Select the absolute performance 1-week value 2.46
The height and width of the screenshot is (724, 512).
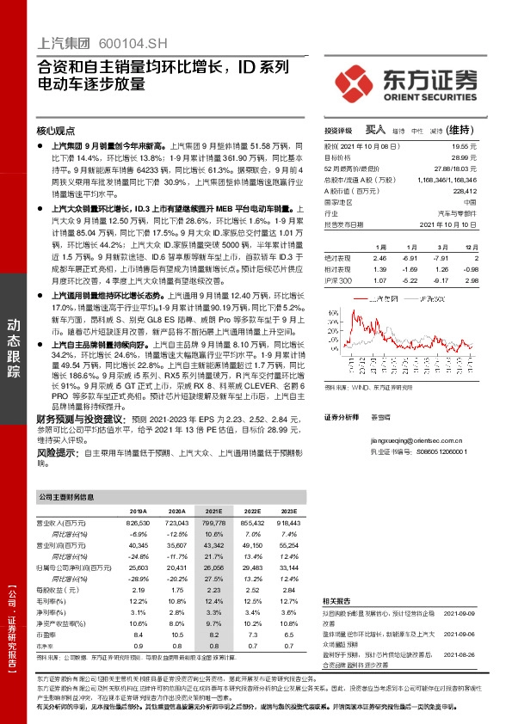(380, 258)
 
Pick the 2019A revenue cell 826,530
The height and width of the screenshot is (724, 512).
(139, 522)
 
